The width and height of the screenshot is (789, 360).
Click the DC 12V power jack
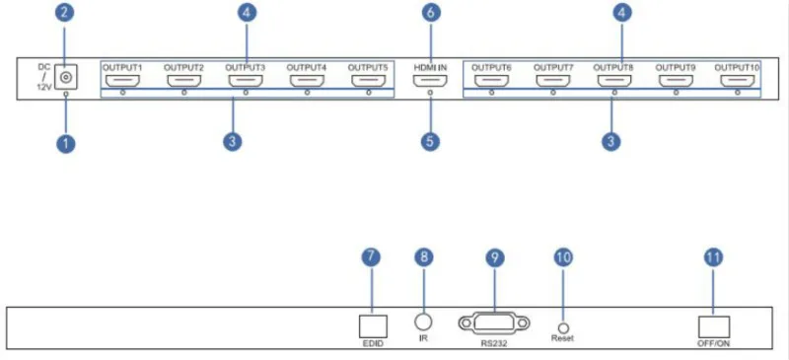coord(65,77)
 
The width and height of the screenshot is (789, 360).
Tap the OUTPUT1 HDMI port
coord(122,81)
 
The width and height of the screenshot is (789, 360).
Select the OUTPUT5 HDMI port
coord(369,81)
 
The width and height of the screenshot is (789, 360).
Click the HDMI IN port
coord(430,81)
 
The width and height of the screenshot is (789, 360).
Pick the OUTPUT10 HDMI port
coord(737,81)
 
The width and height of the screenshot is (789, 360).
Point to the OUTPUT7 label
coord(553,67)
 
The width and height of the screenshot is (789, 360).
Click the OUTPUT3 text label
coord(245,67)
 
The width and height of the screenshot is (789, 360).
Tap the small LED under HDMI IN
coord(430,93)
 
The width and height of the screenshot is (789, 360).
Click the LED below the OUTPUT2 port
coord(184,93)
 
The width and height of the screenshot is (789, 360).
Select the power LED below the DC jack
coord(65,94)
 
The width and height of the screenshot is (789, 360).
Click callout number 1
coord(66,144)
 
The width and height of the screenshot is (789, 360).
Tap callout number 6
coord(431,13)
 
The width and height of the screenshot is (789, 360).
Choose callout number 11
coord(713,257)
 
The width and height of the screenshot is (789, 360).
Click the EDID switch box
coord(373,326)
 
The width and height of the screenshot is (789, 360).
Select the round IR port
coord(423,322)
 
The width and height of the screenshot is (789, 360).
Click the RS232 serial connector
coord(494,323)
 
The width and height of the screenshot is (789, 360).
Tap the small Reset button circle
coord(563,327)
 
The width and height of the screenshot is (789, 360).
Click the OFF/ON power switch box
coord(714,326)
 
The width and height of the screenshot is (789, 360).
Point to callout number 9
coord(495,257)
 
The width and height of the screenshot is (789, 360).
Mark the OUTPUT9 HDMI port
coord(676,81)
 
